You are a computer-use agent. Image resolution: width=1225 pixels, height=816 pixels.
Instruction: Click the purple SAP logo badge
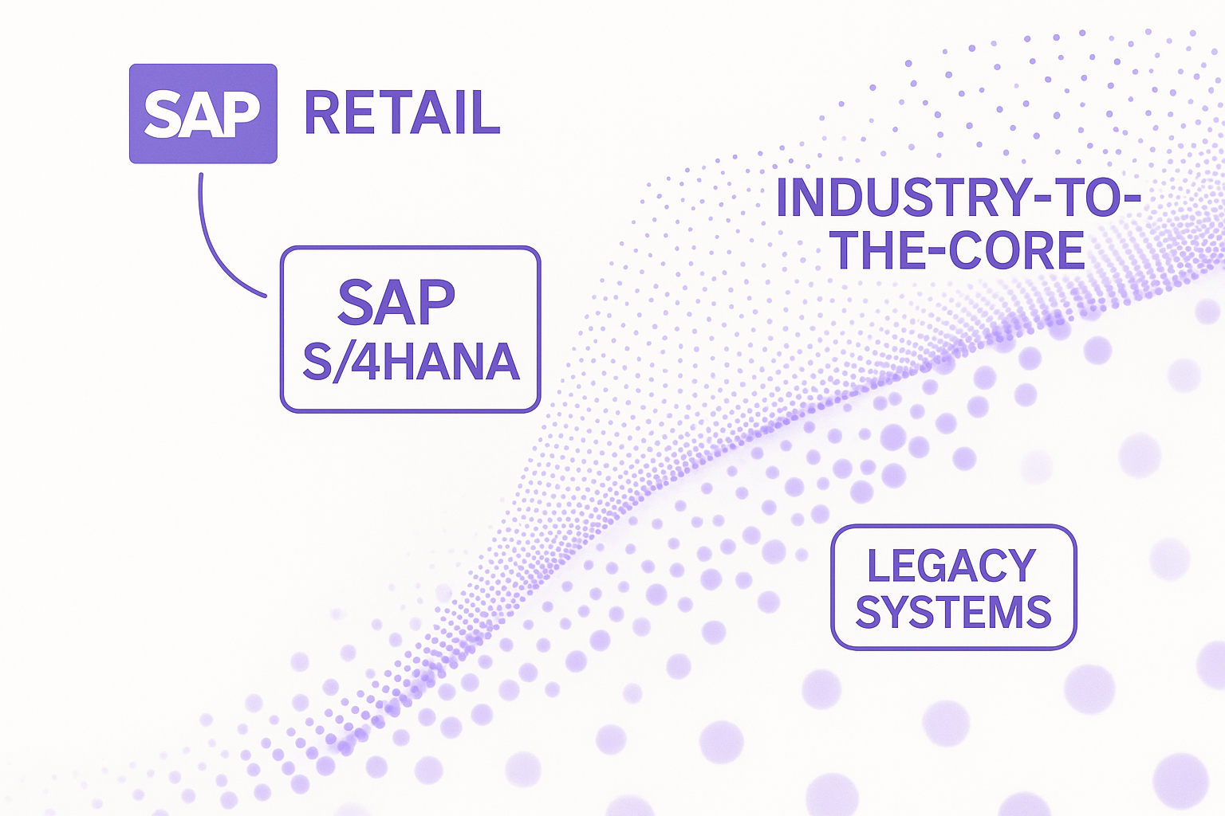tap(203, 114)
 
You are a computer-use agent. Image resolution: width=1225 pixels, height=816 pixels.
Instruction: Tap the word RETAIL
tap(402, 113)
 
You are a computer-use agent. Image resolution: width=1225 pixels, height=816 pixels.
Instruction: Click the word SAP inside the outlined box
tap(396, 302)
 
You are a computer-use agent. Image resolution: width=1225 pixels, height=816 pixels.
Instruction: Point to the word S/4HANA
tap(411, 361)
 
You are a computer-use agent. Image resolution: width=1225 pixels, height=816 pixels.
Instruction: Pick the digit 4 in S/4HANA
tap(365, 361)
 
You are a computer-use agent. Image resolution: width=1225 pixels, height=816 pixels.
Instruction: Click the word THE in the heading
tap(880, 250)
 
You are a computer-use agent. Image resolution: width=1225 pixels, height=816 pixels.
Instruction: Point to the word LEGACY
tap(952, 565)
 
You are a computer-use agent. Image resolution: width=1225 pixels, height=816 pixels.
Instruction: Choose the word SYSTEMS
tap(954, 612)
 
